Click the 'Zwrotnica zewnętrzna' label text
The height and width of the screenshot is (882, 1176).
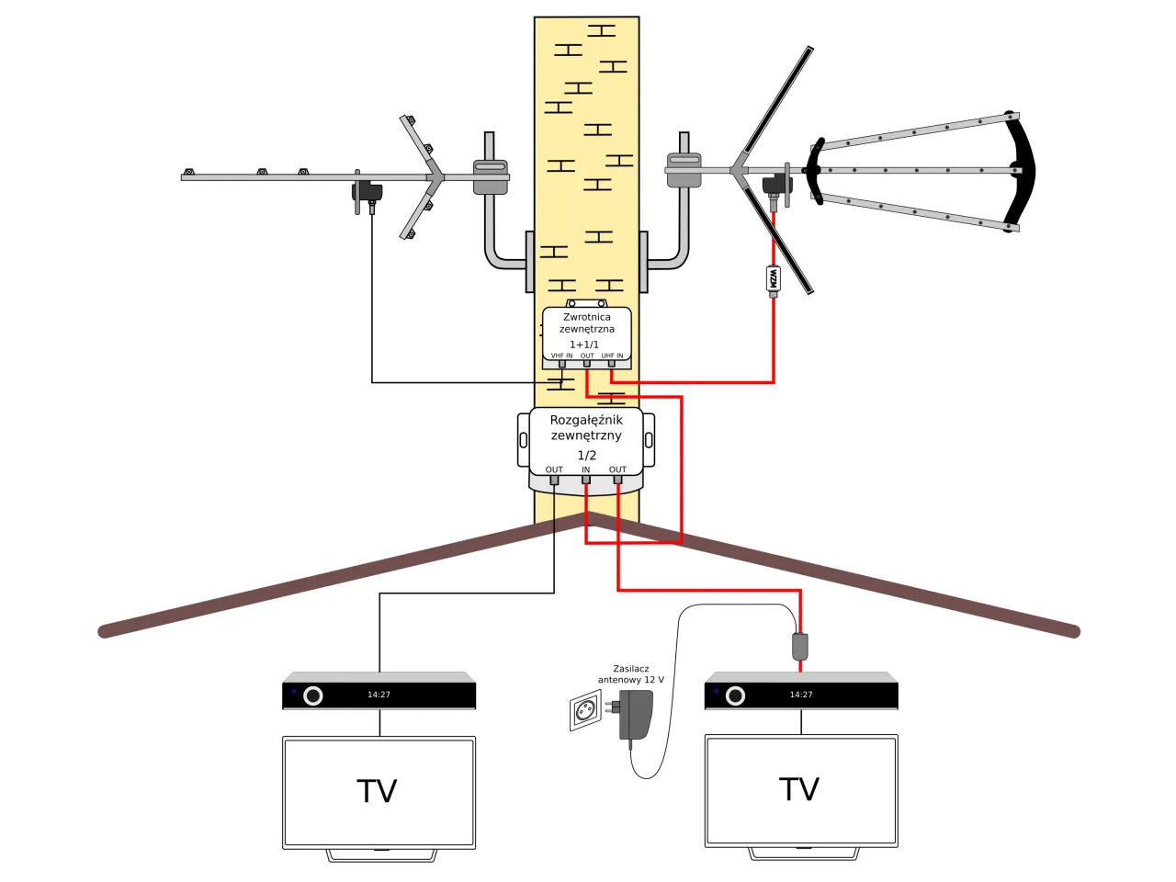click(586, 322)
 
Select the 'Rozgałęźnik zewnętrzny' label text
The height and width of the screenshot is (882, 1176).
click(586, 427)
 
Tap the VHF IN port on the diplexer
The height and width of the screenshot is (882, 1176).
click(562, 363)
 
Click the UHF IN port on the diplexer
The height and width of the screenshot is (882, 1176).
click(612, 363)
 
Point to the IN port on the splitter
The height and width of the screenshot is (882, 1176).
click(585, 479)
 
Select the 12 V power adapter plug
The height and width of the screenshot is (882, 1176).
click(636, 715)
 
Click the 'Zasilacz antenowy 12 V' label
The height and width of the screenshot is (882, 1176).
click(630, 674)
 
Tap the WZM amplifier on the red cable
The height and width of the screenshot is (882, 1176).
click(773, 278)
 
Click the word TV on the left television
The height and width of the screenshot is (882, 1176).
click(377, 791)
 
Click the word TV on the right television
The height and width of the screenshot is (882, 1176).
click(799, 789)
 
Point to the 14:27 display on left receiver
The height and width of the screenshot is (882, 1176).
click(379, 695)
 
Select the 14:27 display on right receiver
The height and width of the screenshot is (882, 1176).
click(801, 695)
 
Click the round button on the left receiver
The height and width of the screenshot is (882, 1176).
click(313, 695)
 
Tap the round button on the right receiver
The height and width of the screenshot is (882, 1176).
click(735, 695)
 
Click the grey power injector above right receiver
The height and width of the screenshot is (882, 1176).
click(800, 646)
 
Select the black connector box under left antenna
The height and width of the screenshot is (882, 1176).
click(368, 192)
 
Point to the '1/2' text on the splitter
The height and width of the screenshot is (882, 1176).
click(586, 456)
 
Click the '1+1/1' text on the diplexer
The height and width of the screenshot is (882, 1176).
click(584, 345)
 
